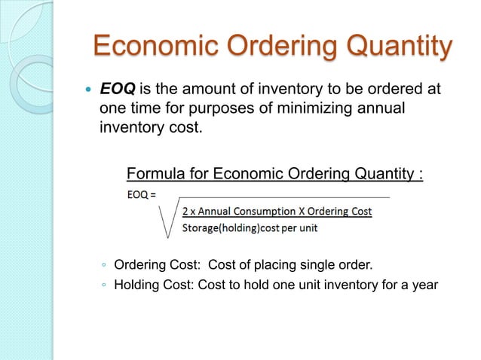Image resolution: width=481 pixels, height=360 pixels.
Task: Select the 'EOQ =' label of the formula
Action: [x=142, y=195]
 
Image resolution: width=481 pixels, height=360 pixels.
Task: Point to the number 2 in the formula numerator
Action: [x=186, y=212]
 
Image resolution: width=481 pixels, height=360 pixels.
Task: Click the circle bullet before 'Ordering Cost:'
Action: [x=104, y=265]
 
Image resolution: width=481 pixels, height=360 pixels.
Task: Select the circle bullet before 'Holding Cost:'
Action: [x=104, y=285]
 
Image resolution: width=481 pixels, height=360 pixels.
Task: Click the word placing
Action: [x=274, y=265]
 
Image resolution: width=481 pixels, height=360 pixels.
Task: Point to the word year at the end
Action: [x=424, y=285]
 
